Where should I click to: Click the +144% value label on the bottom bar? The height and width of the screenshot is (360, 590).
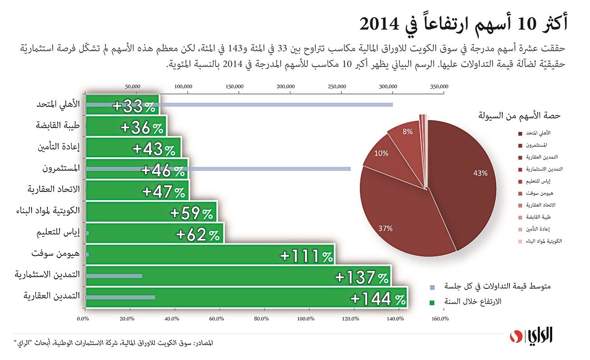[378, 299]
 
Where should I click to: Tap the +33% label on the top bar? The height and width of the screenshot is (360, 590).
[134, 106]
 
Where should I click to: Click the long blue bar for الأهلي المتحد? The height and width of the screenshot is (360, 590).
[275, 105]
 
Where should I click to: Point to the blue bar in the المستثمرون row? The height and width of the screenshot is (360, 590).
[270, 169]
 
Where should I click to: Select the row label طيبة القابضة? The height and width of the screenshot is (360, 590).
[58, 126]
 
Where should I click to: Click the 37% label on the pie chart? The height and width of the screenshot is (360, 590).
[386, 228]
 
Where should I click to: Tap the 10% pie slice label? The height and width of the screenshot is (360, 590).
[381, 153]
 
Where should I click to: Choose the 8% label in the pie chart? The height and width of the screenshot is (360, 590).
[407, 132]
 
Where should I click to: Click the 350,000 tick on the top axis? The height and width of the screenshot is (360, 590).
[439, 86]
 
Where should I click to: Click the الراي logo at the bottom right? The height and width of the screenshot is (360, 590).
[539, 336]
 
